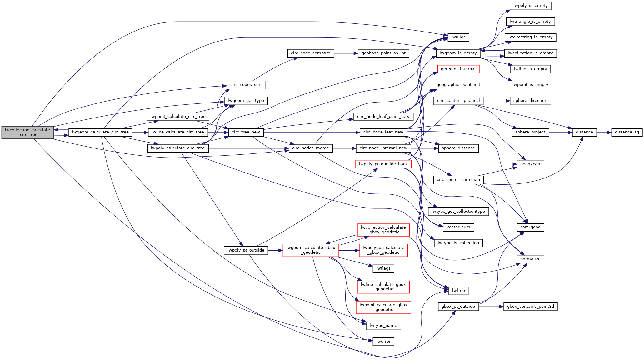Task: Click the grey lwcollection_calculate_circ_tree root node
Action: [27, 132]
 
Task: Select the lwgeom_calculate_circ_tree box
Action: [100, 132]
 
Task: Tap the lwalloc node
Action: [458, 37]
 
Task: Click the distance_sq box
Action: [627, 132]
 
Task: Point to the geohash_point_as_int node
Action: [383, 53]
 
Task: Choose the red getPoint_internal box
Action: [458, 69]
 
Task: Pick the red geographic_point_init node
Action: [458, 85]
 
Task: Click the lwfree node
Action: [458, 291]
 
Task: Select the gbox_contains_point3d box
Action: [530, 307]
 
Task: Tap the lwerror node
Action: [383, 342]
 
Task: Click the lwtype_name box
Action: [383, 326]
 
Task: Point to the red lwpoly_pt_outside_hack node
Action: [383, 164]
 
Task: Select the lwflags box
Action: [383, 268]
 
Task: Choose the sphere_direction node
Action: [530, 101]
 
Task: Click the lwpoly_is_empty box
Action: [530, 6]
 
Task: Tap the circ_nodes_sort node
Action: [246, 85]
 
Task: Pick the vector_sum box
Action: [458, 227]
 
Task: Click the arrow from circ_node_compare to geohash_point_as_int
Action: [346, 53]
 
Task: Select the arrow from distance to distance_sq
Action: [604, 132]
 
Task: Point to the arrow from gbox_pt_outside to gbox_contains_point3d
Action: [491, 307]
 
